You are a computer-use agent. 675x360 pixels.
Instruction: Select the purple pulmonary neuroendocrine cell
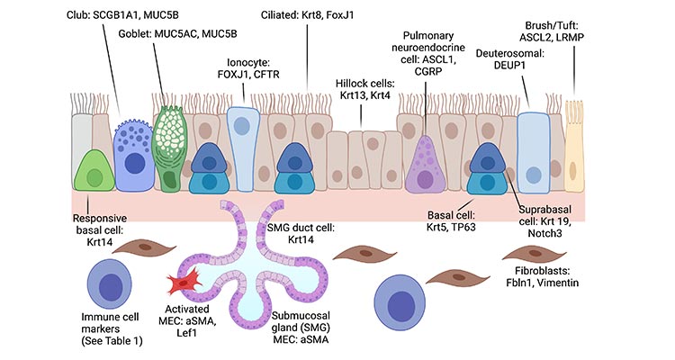tap(421, 162)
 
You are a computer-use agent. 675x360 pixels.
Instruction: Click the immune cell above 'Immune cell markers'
tap(111, 288)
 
